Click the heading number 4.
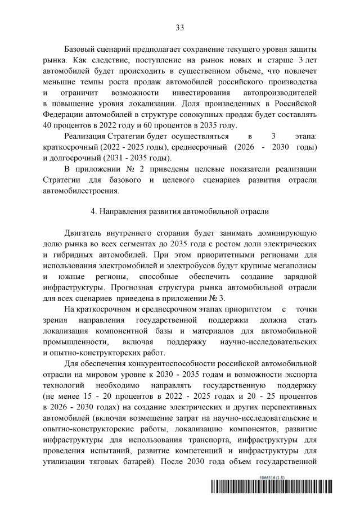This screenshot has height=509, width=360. tap(93, 211)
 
